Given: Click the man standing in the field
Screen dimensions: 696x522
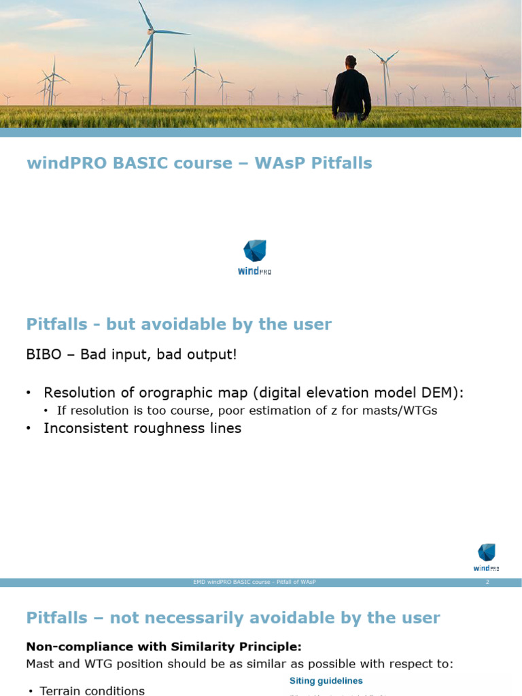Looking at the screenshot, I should click(351, 92).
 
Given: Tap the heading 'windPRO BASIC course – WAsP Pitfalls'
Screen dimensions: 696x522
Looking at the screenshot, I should click(199, 163).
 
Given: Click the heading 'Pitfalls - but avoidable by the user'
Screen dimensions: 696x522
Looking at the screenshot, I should click(179, 324).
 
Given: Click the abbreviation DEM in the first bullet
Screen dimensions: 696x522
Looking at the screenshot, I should click(445, 393).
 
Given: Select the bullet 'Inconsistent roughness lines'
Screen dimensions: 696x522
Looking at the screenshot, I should click(142, 428).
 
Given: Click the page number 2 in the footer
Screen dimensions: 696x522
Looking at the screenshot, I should click(487, 582).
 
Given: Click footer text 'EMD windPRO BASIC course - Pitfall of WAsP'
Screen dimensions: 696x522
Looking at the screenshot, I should click(254, 582).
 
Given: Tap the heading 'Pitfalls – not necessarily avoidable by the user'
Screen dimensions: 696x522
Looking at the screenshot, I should click(232, 618).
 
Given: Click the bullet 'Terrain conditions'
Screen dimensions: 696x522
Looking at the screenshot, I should click(92, 691).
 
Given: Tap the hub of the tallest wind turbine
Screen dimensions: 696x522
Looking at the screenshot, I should click(151, 31).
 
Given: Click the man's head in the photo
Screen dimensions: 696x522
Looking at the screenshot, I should click(351, 62).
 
